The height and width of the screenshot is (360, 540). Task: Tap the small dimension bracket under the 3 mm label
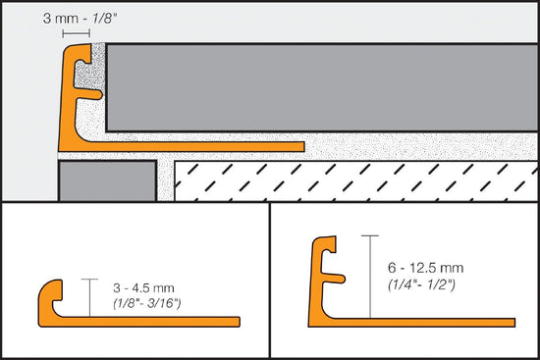pyautogui.click(x=76, y=33)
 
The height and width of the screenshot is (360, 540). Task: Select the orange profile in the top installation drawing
pyautogui.click(x=72, y=98)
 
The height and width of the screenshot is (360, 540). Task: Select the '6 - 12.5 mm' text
pyautogui.click(x=425, y=265)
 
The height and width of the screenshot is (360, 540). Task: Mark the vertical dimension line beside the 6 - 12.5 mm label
pyautogui.click(x=369, y=276)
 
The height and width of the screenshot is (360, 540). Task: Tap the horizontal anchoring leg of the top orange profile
pyautogui.click(x=196, y=148)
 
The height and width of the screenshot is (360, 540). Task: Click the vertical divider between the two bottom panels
pyautogui.click(x=270, y=281)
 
